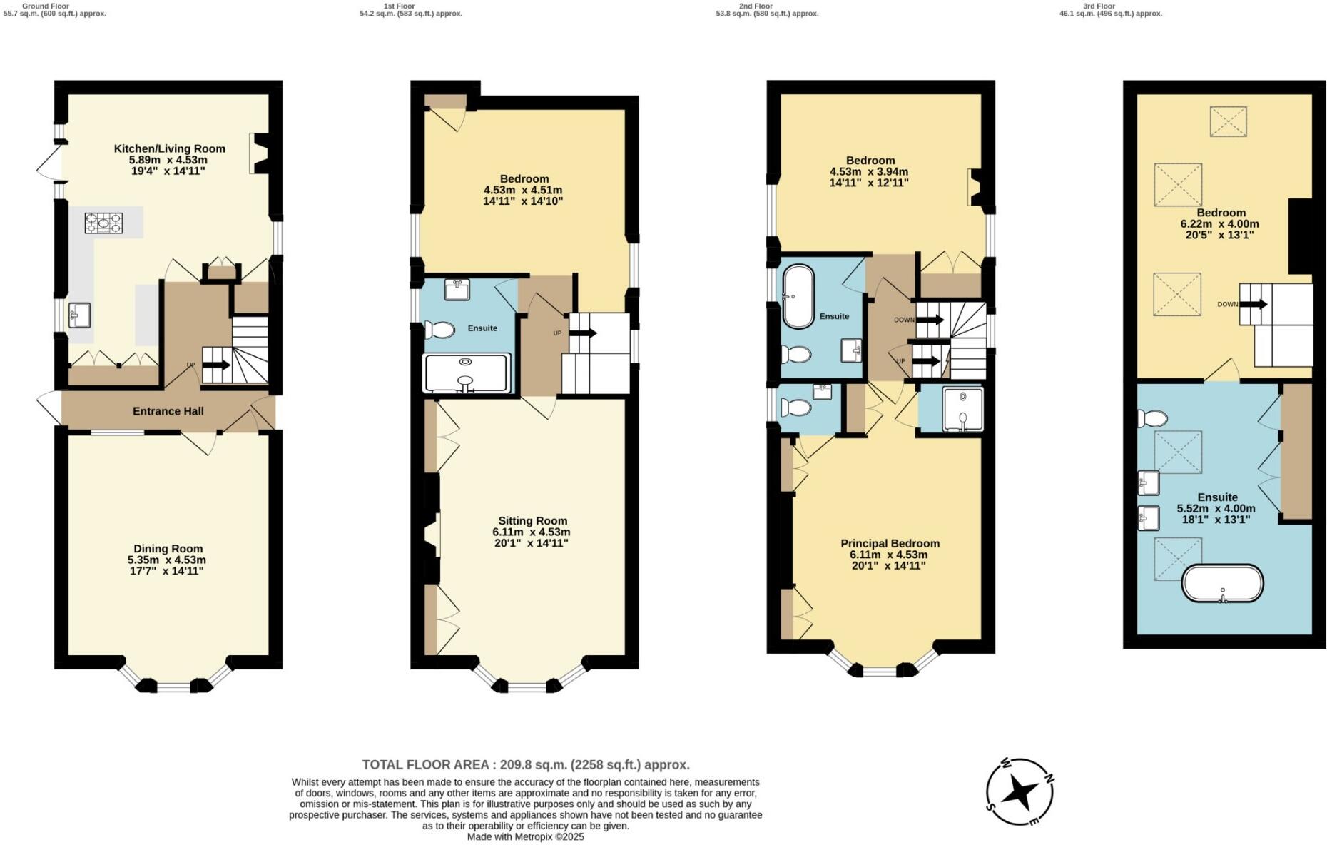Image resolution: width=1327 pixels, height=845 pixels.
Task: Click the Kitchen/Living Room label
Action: (169, 148)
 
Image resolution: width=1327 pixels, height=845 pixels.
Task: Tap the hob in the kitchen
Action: (104, 223)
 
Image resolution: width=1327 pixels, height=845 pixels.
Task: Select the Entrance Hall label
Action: (168, 411)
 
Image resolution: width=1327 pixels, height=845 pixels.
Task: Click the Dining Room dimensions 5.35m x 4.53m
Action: (167, 560)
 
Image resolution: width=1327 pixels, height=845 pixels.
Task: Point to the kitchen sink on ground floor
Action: (80, 315)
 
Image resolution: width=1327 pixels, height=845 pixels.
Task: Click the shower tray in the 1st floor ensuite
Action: (467, 373)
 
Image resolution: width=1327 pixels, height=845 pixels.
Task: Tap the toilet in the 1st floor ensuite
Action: (439, 330)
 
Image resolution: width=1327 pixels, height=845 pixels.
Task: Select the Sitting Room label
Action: (532, 521)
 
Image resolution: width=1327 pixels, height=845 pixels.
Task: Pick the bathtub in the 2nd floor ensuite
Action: (798, 297)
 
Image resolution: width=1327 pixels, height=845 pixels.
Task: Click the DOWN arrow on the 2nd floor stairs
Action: (929, 320)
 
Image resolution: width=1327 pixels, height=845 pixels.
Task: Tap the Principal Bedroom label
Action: (890, 543)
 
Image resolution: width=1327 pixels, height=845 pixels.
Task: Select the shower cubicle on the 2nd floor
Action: (962, 410)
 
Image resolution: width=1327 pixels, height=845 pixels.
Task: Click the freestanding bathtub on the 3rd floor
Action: (1222, 583)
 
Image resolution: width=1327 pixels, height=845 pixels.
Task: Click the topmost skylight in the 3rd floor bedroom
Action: (1228, 121)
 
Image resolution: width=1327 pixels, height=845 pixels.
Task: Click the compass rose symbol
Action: (1020, 792)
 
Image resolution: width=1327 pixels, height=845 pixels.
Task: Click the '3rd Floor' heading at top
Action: (1099, 6)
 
